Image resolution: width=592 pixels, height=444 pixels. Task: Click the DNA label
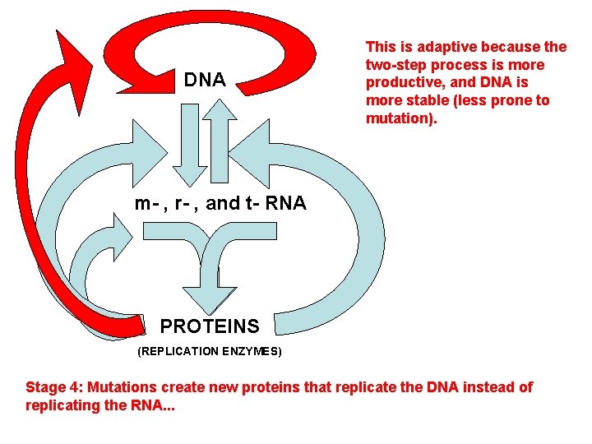tap(205, 80)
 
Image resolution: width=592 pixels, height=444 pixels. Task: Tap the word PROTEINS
tap(209, 326)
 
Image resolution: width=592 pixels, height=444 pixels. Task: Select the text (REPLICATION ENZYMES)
tap(209, 351)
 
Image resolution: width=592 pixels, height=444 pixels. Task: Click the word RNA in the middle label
tap(287, 203)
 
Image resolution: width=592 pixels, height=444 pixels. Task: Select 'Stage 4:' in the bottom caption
tap(54, 387)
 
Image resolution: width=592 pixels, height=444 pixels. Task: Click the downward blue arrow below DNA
tap(187, 152)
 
